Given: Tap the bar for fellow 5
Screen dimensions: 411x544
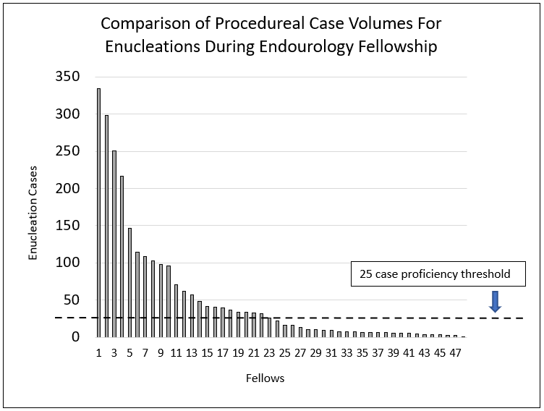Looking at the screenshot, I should coord(129,282).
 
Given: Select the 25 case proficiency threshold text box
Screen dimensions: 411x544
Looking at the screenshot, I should coord(435,274).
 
